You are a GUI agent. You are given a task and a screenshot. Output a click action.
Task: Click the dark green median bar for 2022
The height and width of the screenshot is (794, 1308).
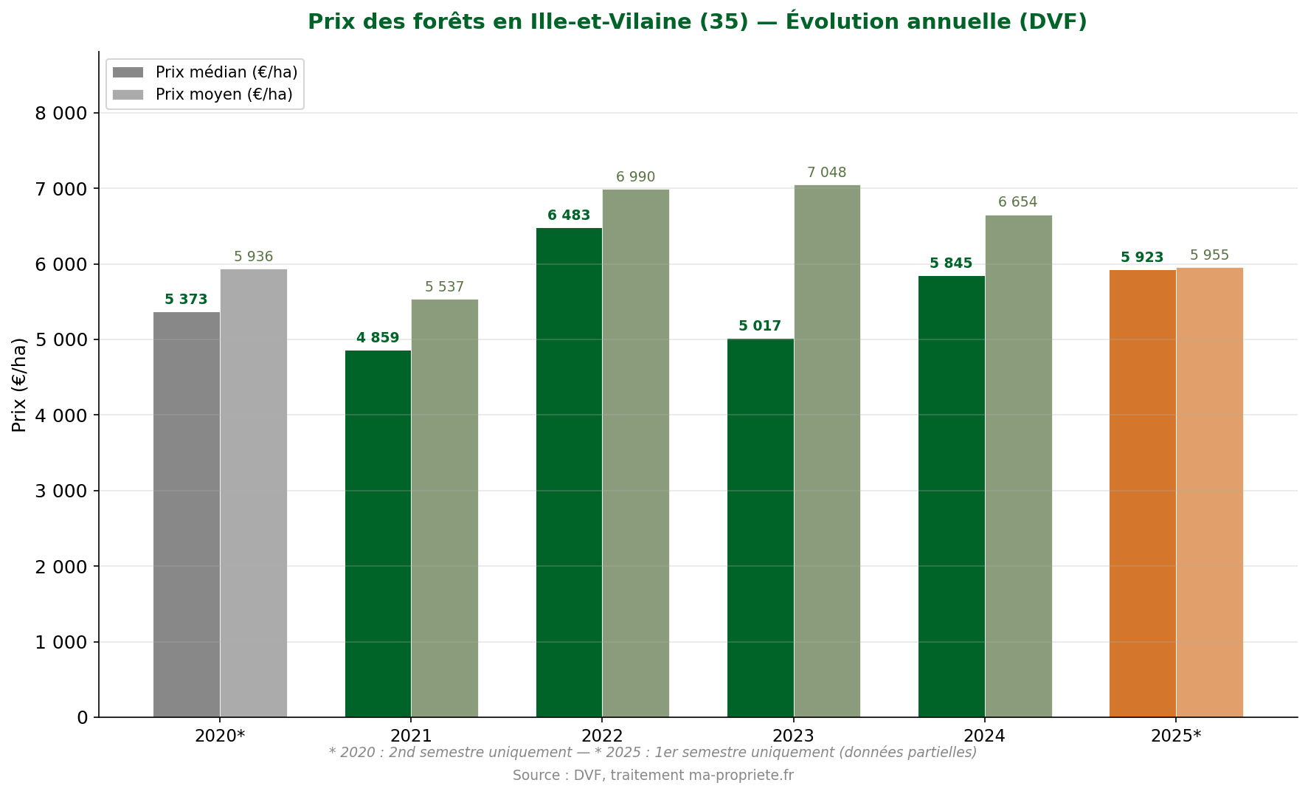pyautogui.click(x=569, y=472)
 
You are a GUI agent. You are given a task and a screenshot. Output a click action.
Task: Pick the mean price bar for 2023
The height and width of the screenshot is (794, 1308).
pyautogui.click(x=827, y=451)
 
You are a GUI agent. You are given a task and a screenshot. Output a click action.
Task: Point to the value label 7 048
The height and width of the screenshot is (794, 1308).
pyautogui.click(x=826, y=173)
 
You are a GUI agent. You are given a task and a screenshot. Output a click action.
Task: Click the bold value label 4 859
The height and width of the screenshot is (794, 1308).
pyautogui.click(x=378, y=338)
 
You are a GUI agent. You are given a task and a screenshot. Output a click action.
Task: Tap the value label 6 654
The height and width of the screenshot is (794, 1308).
pyautogui.click(x=1017, y=202)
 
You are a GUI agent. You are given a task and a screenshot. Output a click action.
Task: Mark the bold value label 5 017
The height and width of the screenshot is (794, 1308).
pyautogui.click(x=759, y=326)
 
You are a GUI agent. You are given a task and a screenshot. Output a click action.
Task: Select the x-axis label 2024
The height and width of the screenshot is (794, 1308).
pyautogui.click(x=984, y=736)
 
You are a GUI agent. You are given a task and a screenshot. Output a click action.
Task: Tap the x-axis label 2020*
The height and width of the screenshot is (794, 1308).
pyautogui.click(x=220, y=736)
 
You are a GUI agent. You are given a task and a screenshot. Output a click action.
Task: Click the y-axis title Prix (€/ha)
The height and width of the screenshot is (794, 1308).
pyautogui.click(x=19, y=384)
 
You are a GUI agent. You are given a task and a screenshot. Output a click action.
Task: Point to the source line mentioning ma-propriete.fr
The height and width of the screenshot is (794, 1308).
pyautogui.click(x=653, y=776)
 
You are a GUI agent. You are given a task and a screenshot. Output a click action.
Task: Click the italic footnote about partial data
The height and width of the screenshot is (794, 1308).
pyautogui.click(x=653, y=753)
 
